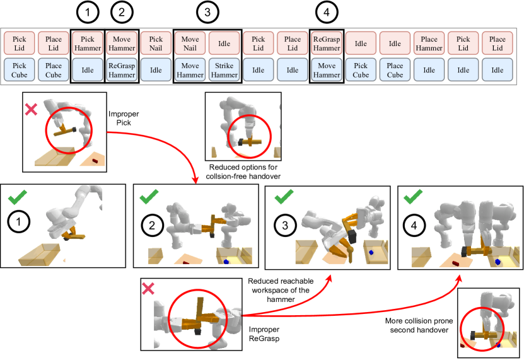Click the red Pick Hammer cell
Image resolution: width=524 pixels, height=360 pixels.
click(x=88, y=44)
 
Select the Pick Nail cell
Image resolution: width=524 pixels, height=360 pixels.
click(x=156, y=44)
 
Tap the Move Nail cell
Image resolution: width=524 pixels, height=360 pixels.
click(x=190, y=44)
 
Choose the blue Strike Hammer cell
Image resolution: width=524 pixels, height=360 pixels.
click(x=224, y=70)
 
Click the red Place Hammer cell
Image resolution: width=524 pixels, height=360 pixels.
click(x=429, y=44)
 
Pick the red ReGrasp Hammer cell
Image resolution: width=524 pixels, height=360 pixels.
click(x=327, y=44)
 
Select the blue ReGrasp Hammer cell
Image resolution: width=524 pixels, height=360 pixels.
click(x=122, y=70)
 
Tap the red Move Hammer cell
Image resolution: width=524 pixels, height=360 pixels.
click(x=122, y=44)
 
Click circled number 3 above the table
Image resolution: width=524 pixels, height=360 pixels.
click(x=207, y=13)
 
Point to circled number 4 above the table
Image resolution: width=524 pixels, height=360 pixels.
click(x=326, y=13)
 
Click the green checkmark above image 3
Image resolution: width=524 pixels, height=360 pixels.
click(x=282, y=198)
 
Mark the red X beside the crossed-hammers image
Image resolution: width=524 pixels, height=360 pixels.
click(x=147, y=288)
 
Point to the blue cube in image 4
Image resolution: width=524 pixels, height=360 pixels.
click(x=498, y=260)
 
